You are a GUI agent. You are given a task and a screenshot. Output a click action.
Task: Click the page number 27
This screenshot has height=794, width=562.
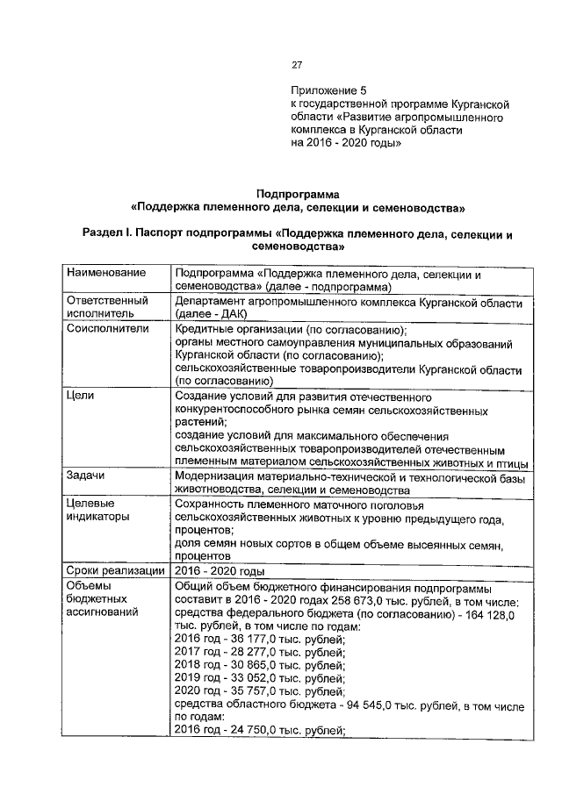pyautogui.click(x=297, y=64)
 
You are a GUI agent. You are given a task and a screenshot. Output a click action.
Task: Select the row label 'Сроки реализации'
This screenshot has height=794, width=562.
pyautogui.click(x=115, y=569)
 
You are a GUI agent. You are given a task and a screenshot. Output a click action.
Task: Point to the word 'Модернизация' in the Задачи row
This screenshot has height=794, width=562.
pyautogui.click(x=215, y=476)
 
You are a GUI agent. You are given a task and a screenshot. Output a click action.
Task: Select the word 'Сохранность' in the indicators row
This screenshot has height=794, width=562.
pyautogui.click(x=211, y=505)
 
